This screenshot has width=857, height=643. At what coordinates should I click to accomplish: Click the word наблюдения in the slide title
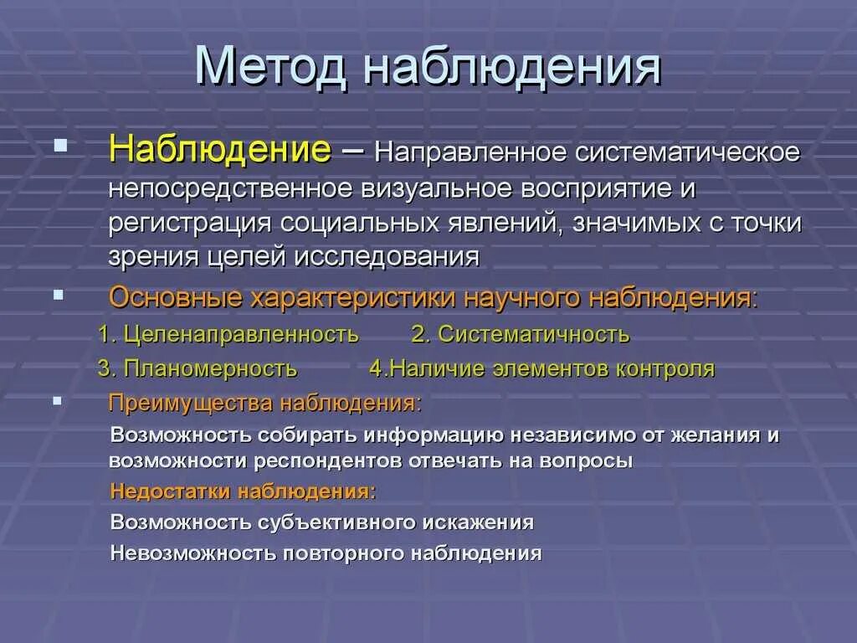(x=511, y=66)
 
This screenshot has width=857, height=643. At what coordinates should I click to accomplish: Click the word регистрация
(x=189, y=224)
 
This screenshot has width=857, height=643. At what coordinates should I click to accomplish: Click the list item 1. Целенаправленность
(x=228, y=335)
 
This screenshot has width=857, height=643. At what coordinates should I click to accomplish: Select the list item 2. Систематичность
(x=521, y=335)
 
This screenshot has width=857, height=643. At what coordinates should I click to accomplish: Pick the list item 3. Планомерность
(x=197, y=368)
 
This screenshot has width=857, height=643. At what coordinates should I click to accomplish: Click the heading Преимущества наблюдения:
(x=265, y=404)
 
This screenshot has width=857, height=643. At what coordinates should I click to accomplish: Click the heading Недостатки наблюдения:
(x=243, y=491)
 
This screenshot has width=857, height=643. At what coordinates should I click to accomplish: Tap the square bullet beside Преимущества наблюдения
(x=58, y=401)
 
